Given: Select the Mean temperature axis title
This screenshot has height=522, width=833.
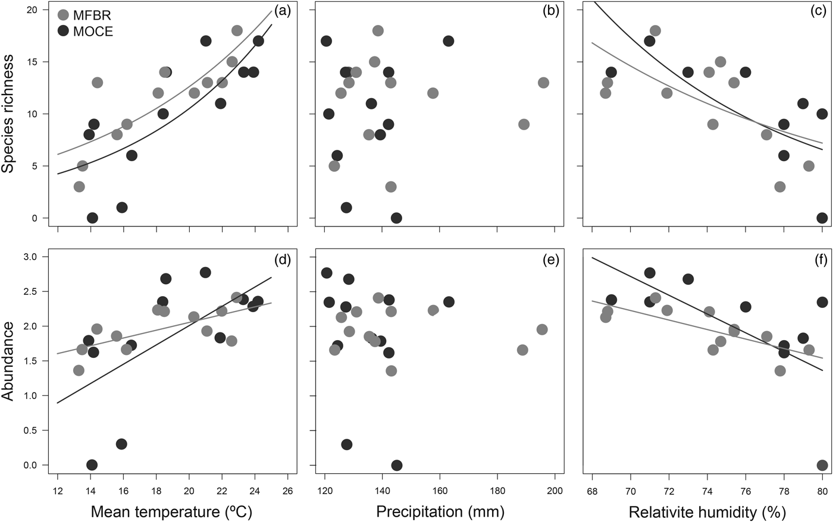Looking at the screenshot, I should (172, 511).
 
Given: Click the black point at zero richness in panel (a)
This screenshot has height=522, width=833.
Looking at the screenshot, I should (92, 218).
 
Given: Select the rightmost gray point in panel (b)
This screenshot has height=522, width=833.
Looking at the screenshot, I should (543, 83).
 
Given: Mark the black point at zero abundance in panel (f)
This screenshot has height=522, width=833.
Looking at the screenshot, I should (822, 465).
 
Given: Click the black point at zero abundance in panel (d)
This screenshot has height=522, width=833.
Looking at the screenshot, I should (92, 465).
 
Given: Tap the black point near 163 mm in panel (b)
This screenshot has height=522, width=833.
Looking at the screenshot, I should (448, 41).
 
